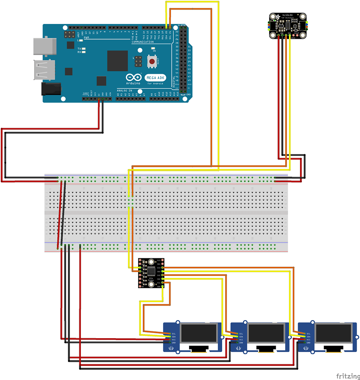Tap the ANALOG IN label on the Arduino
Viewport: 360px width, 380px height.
click(125, 90)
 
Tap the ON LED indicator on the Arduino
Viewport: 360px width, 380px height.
click(153, 49)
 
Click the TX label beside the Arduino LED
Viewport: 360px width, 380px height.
click(79, 49)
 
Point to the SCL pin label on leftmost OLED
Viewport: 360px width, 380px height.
click(173, 333)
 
